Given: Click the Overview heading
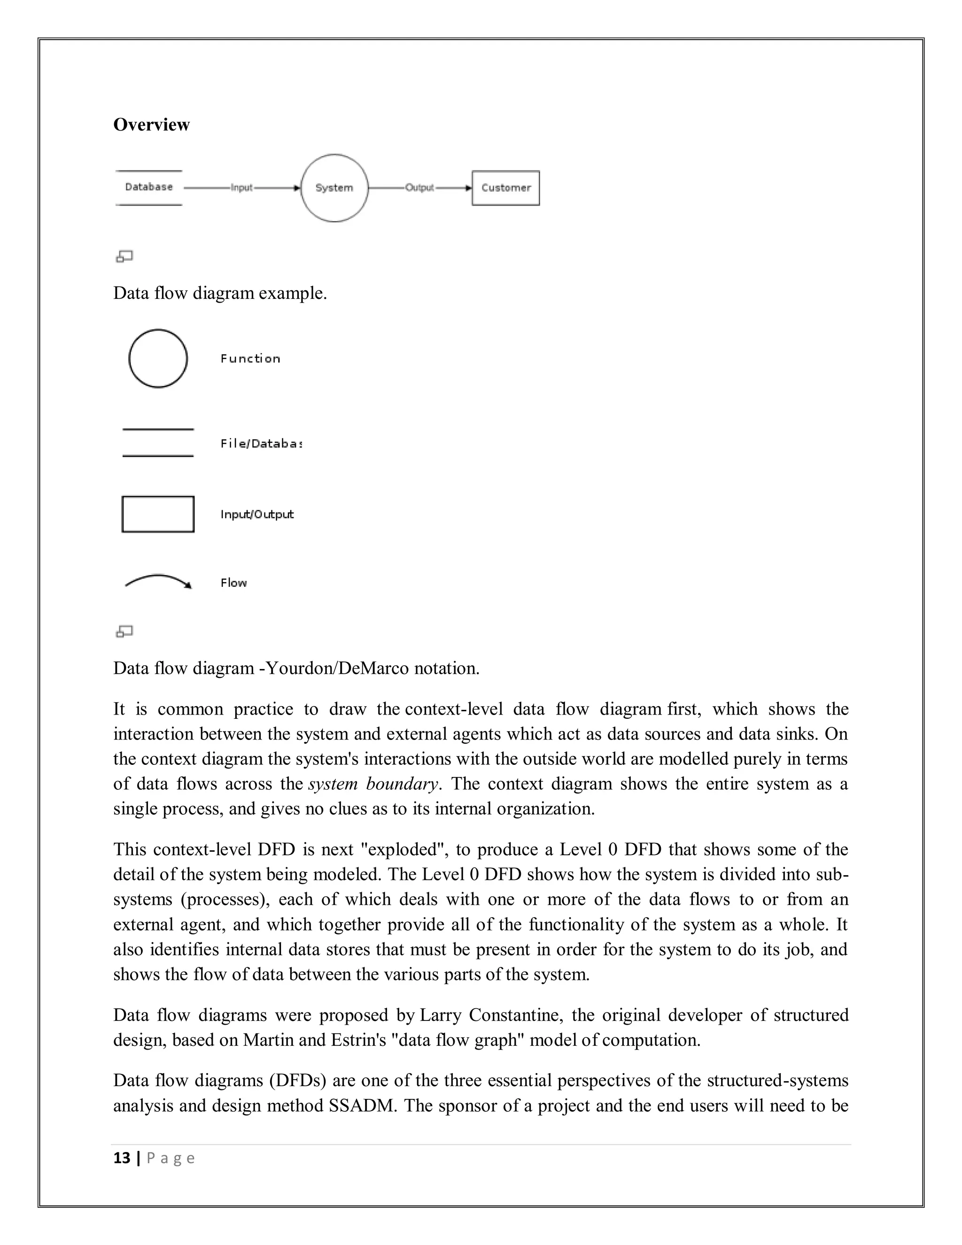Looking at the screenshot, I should click(151, 124).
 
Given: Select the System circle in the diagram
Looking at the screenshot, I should click(334, 187).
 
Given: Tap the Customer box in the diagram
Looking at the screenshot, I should click(505, 187).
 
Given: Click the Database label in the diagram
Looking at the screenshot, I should click(149, 187).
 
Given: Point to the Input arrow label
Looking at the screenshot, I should click(241, 187).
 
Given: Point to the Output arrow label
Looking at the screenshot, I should click(419, 187).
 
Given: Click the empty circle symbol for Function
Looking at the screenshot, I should click(158, 358).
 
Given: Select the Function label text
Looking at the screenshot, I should click(250, 358).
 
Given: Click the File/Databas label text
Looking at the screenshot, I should click(260, 444).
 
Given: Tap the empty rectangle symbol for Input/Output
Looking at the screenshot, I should click(158, 514).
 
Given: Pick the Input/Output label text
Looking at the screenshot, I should click(257, 514).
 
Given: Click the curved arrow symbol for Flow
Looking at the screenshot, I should click(158, 581).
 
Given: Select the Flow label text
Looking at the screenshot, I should click(233, 583).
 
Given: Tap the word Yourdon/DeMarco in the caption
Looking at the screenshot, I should click(337, 668).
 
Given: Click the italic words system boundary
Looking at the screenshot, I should click(373, 784).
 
